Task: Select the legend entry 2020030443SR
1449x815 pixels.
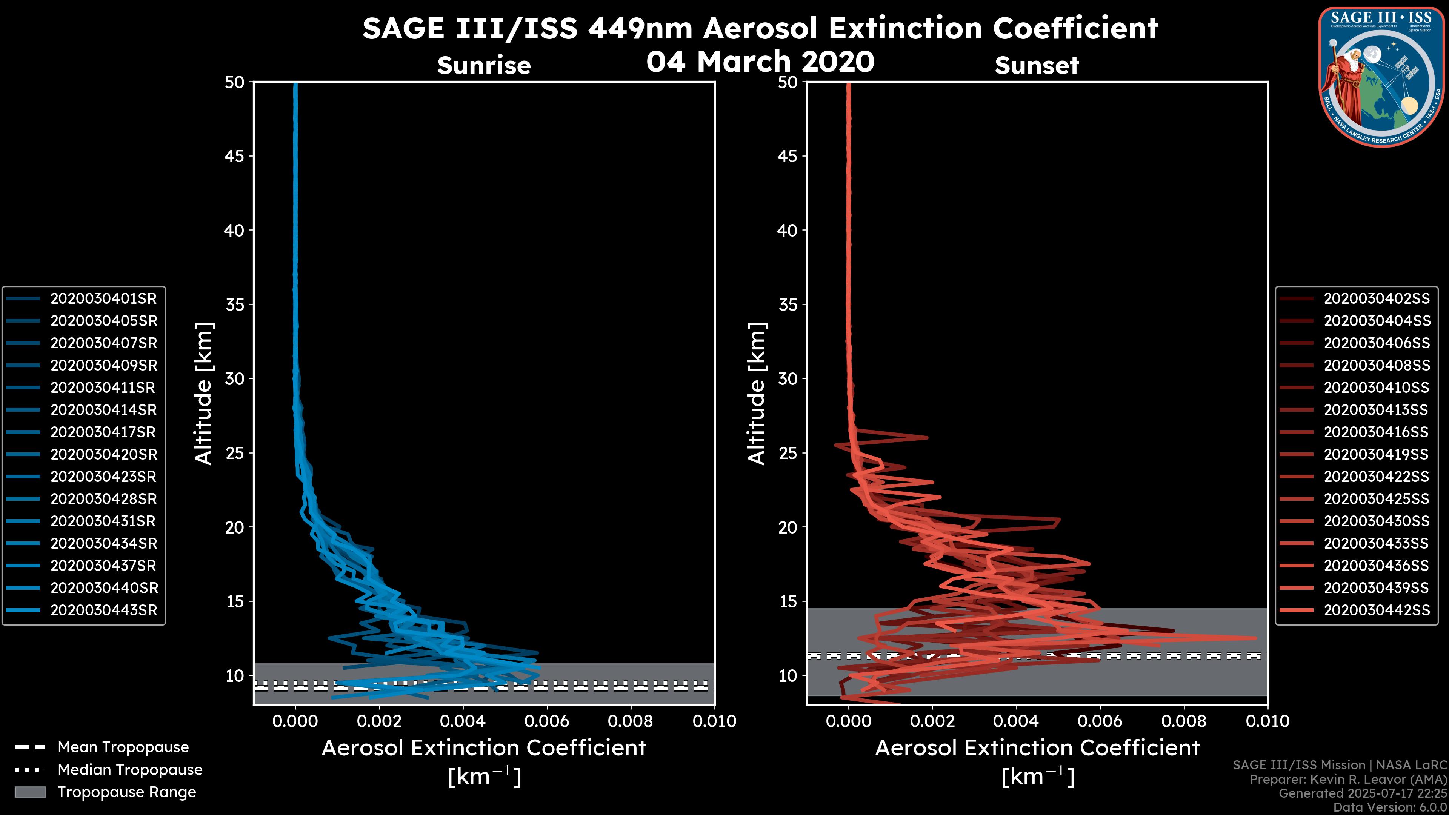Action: [x=103, y=610]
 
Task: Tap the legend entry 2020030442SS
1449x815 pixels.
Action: [x=1377, y=610]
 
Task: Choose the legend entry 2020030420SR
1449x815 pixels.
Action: [x=103, y=454]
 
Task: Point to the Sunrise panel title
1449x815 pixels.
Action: [x=484, y=66]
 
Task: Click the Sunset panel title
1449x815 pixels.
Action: [x=1037, y=66]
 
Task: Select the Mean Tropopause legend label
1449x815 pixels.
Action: [x=123, y=747]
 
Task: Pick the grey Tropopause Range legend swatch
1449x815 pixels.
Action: [x=30, y=792]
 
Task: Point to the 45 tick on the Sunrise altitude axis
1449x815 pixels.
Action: [x=235, y=156]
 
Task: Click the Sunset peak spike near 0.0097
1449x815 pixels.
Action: [x=1253, y=638]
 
